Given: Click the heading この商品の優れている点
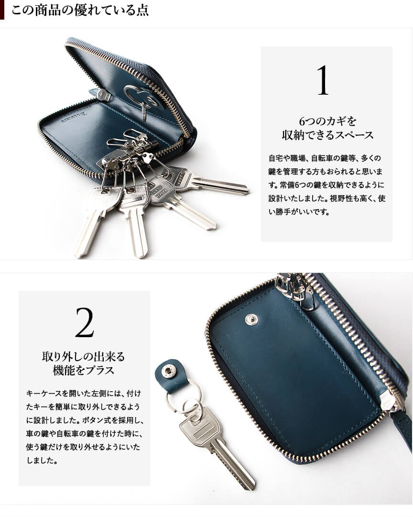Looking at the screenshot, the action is tap(80, 10).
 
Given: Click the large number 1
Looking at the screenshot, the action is tap(323, 80).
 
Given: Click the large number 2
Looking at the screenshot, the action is tap(85, 322).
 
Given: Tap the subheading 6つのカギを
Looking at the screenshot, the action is tap(327, 121).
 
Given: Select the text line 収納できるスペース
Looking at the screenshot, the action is tap(327, 135).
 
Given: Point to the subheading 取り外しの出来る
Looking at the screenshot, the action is tap(84, 356).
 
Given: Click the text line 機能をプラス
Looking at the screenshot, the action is tap(84, 370).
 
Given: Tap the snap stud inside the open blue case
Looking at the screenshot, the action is tap(251, 319).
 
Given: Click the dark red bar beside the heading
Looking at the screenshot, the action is tap(2, 10).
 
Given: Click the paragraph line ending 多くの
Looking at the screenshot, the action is tap(325, 158).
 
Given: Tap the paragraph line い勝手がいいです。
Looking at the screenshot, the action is tap(299, 212).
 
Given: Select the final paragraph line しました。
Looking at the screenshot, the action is tap(42, 460).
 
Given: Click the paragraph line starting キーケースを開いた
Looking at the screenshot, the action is tap(84, 393).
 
